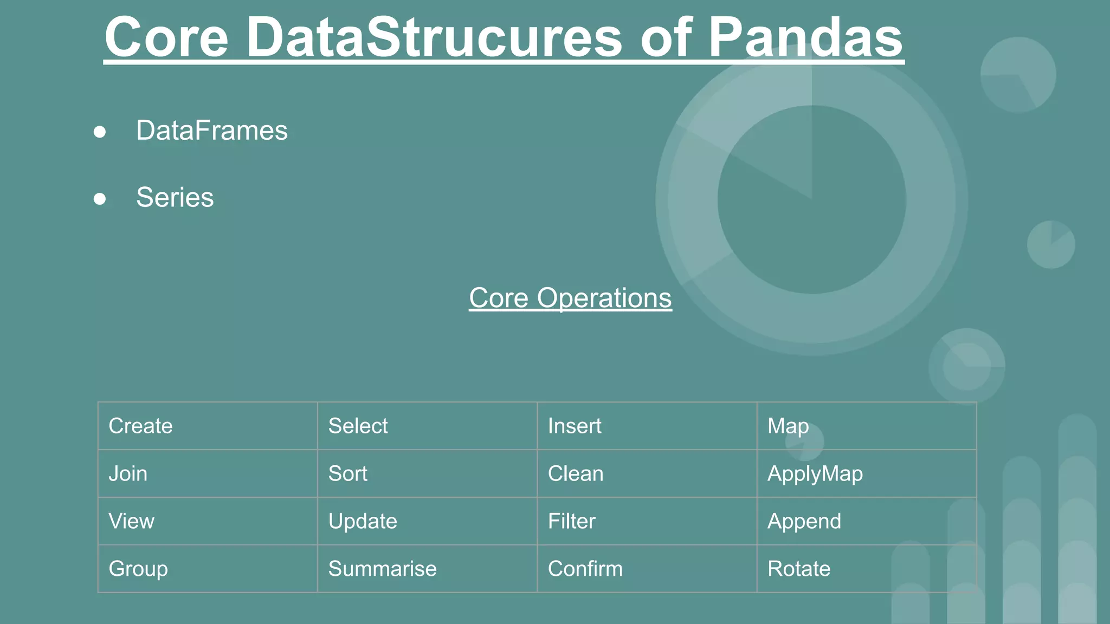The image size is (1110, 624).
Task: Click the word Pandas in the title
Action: point(805,38)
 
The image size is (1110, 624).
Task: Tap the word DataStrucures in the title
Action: point(434,38)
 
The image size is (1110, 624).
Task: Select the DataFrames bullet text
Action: point(211,131)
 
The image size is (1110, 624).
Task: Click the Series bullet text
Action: point(175,197)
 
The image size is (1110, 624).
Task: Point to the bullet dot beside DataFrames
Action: point(100,132)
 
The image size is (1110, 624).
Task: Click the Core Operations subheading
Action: point(570,298)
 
